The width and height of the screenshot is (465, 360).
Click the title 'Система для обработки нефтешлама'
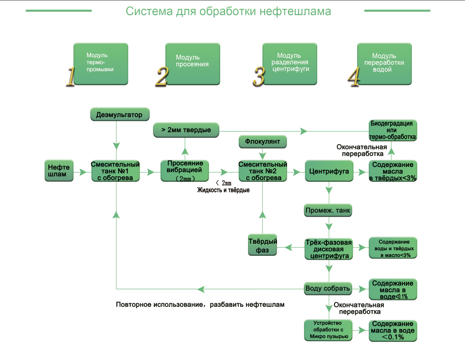(x=228, y=11)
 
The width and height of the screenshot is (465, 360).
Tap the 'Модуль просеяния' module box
(x=192, y=64)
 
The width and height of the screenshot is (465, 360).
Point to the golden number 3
(x=259, y=76)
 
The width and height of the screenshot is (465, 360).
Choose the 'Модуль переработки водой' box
(x=384, y=64)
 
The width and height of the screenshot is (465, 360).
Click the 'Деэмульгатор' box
(x=119, y=115)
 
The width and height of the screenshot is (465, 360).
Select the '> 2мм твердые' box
(x=186, y=130)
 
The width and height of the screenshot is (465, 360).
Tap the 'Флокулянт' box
(x=262, y=142)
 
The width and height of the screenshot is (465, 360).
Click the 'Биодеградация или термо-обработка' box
(x=393, y=130)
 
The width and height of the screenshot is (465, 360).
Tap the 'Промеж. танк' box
(x=328, y=210)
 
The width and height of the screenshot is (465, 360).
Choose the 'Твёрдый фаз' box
(x=262, y=246)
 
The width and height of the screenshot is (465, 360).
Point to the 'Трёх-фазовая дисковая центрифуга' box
(x=329, y=249)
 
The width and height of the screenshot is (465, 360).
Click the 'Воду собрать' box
(x=328, y=288)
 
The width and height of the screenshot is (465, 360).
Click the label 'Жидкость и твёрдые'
(x=223, y=190)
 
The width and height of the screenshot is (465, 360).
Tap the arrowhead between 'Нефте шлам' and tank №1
(x=83, y=172)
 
